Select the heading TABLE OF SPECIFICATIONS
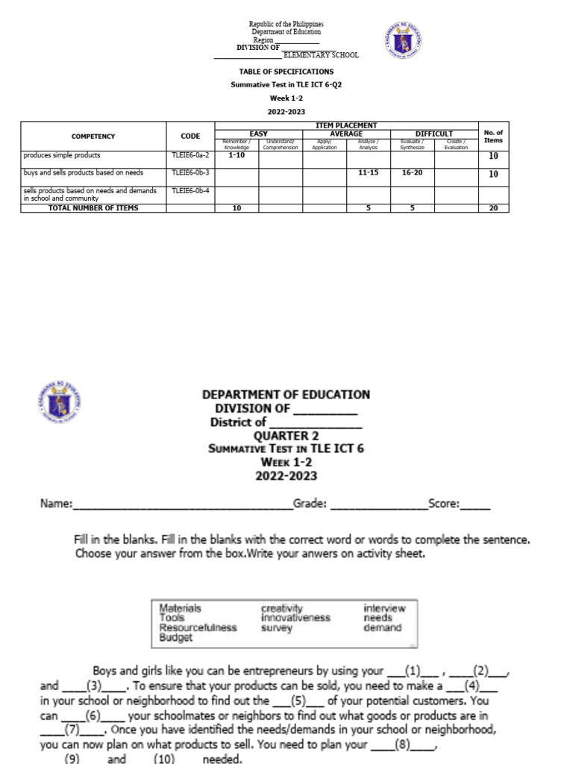pyautogui.click(x=286, y=72)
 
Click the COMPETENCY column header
pyautogui.click(x=93, y=137)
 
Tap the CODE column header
pyautogui.click(x=190, y=137)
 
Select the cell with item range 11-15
pyautogui.click(x=369, y=172)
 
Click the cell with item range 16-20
pyautogui.click(x=412, y=172)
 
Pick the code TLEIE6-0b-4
pyautogui.click(x=190, y=191)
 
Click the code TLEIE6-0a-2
pyautogui.click(x=190, y=155)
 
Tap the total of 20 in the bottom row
pyautogui.click(x=492, y=208)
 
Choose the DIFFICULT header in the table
pyautogui.click(x=433, y=134)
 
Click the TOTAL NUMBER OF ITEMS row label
pyautogui.click(x=93, y=208)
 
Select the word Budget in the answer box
pyautogui.click(x=175, y=637)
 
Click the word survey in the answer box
pyautogui.click(x=276, y=627)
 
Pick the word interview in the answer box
pyautogui.click(x=384, y=608)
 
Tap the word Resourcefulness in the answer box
pyautogui.click(x=198, y=627)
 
